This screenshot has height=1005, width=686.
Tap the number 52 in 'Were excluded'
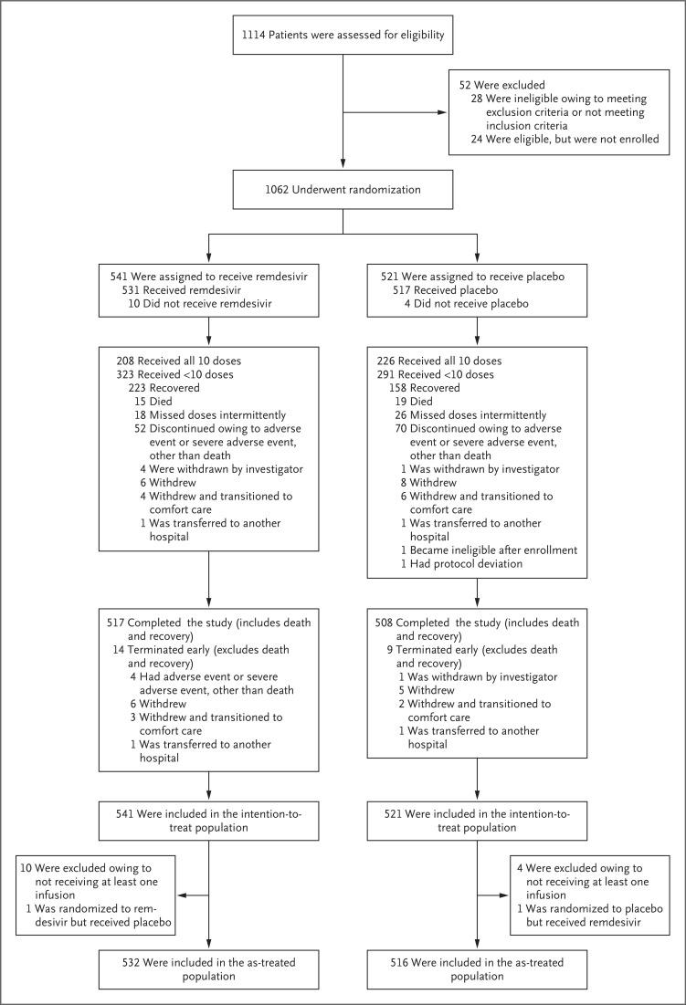[466, 84]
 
